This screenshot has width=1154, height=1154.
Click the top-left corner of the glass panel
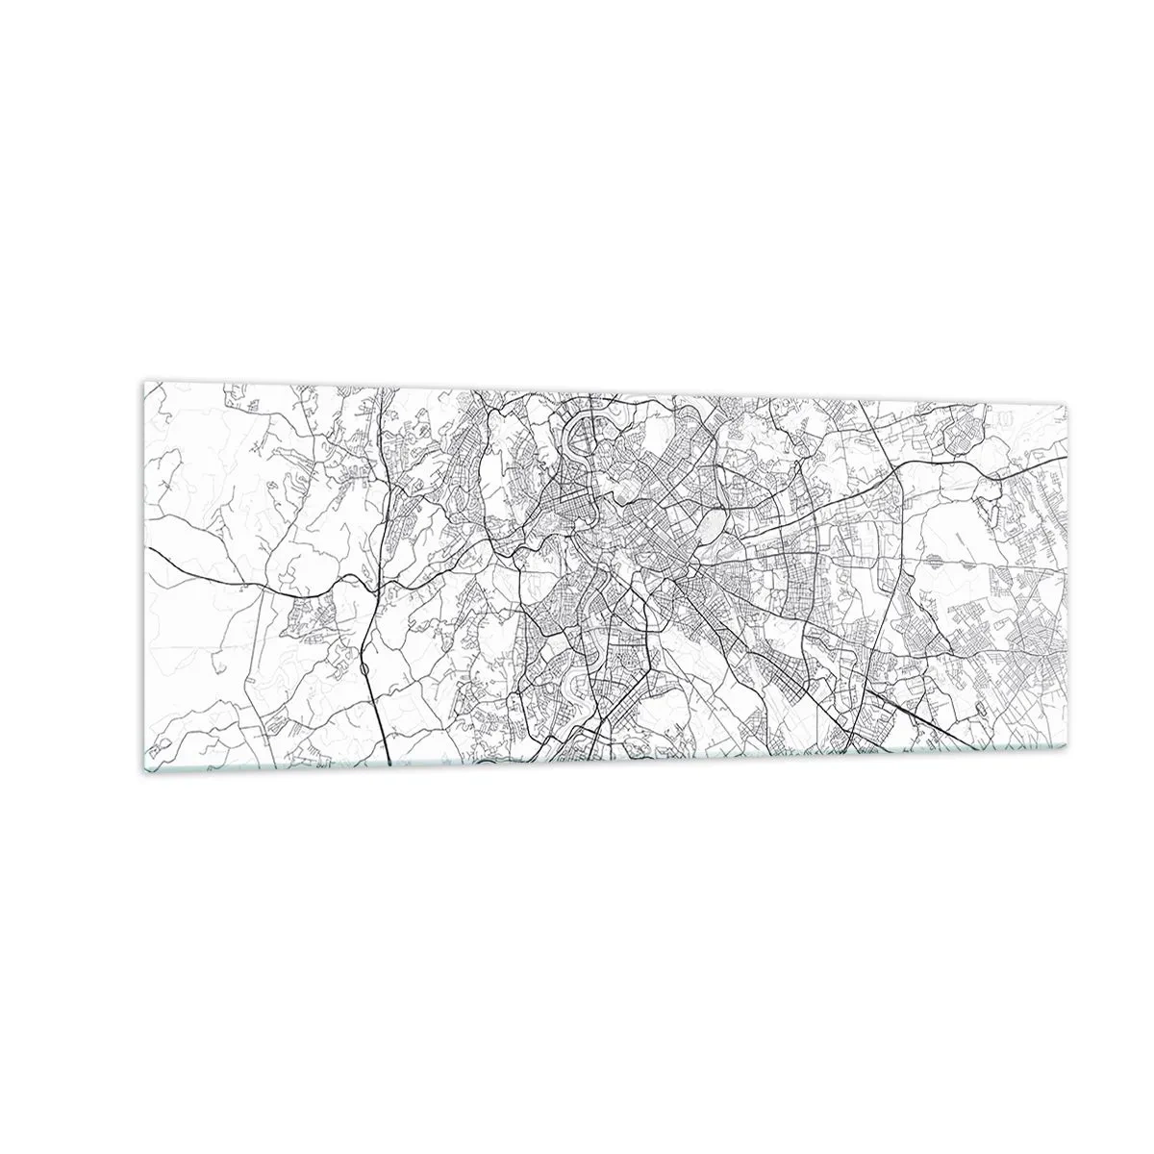click(x=144, y=382)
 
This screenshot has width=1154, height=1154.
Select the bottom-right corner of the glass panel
click(x=1067, y=750)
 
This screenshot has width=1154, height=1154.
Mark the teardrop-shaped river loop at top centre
click(x=584, y=439)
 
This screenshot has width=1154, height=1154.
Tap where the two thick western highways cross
click(x=377, y=584)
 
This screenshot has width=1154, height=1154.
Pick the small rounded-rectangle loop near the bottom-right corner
click(x=980, y=708)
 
